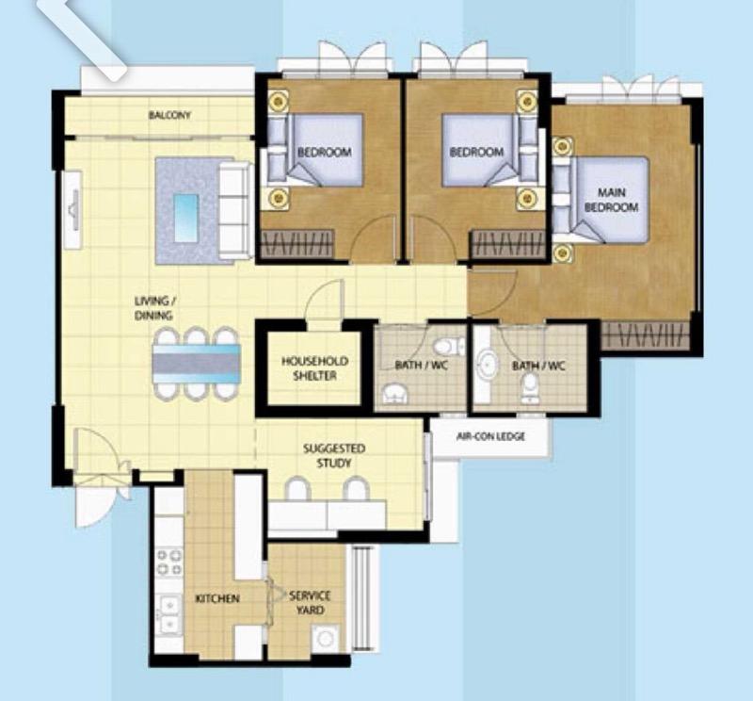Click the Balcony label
[169, 116]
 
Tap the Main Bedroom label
[611, 200]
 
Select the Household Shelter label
[315, 368]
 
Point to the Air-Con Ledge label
[489, 436]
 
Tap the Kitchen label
[216, 598]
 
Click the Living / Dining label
[155, 309]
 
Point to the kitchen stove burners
[168, 562]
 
